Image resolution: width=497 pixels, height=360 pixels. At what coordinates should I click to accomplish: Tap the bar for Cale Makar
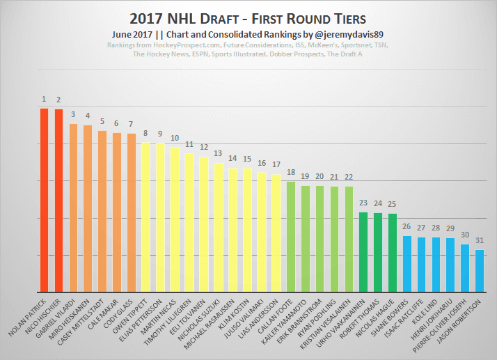pos(117,212)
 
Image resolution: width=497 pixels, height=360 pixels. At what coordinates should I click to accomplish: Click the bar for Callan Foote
pos(291,237)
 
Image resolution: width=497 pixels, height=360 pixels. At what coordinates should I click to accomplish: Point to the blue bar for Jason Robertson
pos(480,271)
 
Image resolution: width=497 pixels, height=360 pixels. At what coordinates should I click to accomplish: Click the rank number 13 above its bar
pos(218,153)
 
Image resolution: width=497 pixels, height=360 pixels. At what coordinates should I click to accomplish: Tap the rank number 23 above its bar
pos(363,203)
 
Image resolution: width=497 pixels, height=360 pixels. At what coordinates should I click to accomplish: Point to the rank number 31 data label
pos(480,240)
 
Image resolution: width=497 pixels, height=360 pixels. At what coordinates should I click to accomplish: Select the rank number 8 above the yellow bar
pos(145,133)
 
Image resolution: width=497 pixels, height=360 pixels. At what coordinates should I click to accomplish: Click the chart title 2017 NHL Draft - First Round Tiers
pos(248,17)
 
